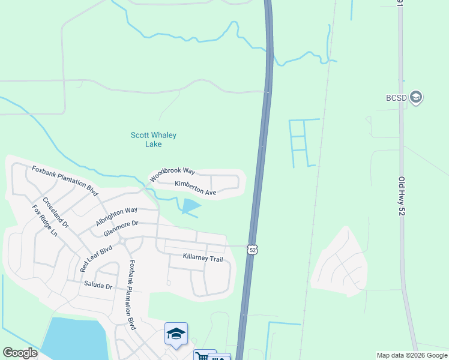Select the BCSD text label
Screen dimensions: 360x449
396,97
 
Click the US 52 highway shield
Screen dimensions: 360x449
253,248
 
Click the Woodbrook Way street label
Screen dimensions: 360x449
172,173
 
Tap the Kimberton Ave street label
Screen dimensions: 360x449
195,188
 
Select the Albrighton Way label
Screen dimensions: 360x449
116,217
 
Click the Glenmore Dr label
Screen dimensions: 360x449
121,227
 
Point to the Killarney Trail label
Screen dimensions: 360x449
203,258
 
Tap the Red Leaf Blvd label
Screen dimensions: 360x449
96,259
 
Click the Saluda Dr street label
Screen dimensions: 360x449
98,286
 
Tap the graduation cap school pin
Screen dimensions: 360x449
176,334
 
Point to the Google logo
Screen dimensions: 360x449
20,353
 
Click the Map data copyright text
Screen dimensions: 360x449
412,355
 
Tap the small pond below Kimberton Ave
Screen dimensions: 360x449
191,206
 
